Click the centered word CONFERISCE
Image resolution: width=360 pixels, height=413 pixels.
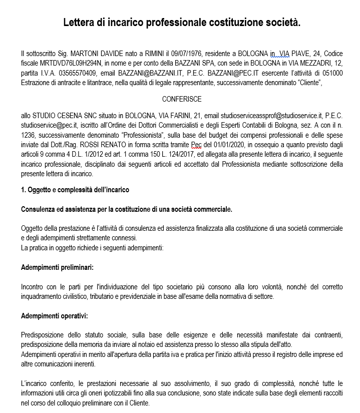pyautogui.click(x=182, y=99)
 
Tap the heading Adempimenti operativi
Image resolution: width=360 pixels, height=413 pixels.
pyautogui.click(x=55, y=316)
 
